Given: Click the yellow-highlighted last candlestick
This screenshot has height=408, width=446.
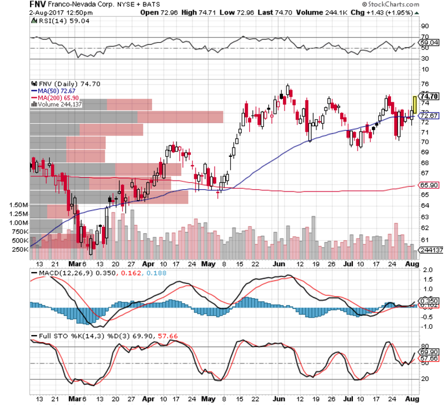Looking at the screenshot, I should tap(414, 105).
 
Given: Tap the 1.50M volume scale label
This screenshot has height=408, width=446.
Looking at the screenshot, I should tap(19, 205).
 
